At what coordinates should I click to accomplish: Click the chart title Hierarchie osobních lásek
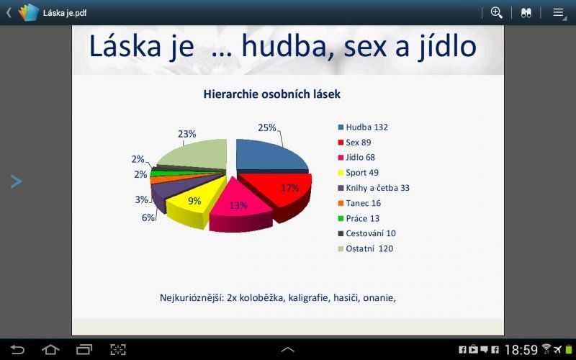(272, 94)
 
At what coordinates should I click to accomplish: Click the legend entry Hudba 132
(366, 127)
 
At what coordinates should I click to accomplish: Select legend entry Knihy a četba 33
(377, 188)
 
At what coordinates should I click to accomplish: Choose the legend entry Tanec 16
(363, 203)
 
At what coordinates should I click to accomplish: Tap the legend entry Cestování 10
(370, 233)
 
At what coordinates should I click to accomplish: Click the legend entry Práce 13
(362, 218)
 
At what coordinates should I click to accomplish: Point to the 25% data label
(266, 127)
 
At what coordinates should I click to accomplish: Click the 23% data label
(186, 134)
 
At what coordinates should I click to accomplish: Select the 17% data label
(289, 188)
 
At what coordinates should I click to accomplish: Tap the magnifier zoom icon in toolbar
(496, 12)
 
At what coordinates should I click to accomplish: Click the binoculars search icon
(526, 12)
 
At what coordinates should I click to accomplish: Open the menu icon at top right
(558, 12)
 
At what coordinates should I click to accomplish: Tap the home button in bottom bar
(50, 350)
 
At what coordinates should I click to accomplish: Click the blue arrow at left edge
(17, 181)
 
